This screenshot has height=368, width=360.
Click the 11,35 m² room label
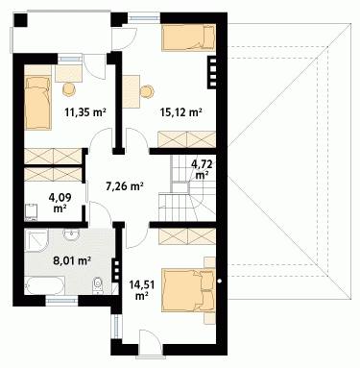[x=85, y=112]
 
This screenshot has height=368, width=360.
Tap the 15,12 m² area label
[x=180, y=112]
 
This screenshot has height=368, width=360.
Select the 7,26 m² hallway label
[x=124, y=185]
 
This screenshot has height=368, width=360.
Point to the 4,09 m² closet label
[x=60, y=203]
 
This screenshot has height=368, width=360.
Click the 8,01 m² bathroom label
[x=72, y=260]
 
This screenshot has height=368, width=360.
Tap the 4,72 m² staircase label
[x=202, y=170]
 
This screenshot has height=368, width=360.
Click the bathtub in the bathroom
[x=44, y=285]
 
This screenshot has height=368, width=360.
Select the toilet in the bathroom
[x=98, y=285]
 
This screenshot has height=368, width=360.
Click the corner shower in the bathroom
[x=36, y=240]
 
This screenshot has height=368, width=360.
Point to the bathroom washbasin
[x=71, y=234]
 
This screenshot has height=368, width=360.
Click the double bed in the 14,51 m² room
[x=188, y=290]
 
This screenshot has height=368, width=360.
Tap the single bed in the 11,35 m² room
[x=37, y=103]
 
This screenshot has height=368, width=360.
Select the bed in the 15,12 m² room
[x=188, y=37]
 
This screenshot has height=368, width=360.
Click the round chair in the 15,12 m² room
[x=148, y=91]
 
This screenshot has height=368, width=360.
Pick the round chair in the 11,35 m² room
[x=69, y=89]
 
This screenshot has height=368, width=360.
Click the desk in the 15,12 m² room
[x=132, y=91]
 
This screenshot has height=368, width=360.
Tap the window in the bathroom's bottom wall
[x=61, y=301]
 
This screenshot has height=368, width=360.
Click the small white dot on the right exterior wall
[x=219, y=282]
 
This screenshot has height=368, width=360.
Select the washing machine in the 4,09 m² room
[x=32, y=211]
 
